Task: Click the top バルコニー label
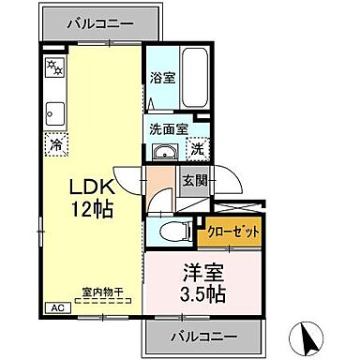[100, 21]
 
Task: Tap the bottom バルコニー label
[203, 335]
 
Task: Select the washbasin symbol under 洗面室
[166, 154]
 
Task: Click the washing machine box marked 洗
[198, 149]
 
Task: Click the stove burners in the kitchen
[55, 67]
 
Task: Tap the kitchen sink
[54, 112]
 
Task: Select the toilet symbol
[172, 232]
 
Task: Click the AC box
[54, 308]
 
